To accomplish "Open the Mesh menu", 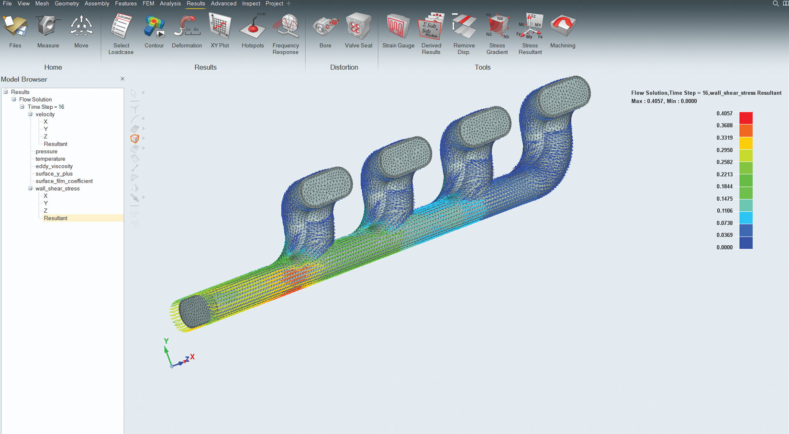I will point(42,3).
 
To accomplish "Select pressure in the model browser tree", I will point(46,151).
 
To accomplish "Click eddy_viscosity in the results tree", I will point(54,166).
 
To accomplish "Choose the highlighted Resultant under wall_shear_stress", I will point(56,218).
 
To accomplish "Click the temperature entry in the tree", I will point(50,159).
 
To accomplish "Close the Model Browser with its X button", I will point(122,79).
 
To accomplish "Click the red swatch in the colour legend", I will point(746,118).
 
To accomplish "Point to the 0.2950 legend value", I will point(724,150).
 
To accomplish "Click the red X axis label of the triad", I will point(192,356).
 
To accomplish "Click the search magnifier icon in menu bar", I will point(776,3).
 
